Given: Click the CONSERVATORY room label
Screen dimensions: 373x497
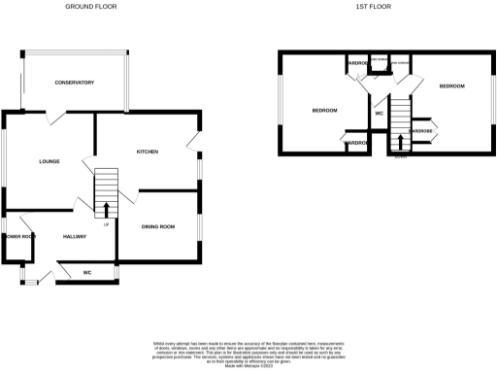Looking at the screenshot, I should [75, 83].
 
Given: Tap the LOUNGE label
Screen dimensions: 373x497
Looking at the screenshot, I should [50, 161].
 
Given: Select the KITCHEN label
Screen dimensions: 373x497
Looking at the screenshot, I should [148, 153].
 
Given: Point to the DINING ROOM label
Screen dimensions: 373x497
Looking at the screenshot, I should [158, 226].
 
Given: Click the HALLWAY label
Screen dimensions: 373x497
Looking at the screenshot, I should [75, 236].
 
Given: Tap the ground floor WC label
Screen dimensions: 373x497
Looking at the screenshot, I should [86, 272].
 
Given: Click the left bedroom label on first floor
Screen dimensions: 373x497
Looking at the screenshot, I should [324, 111].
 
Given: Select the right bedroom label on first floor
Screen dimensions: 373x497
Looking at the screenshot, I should [451, 86].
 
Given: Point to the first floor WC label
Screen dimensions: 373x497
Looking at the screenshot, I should [380, 114].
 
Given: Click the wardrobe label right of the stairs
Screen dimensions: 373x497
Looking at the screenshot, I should [421, 130].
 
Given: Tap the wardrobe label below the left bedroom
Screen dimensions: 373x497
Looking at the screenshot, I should [356, 144].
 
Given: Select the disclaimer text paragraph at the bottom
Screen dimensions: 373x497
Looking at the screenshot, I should [248, 353].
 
